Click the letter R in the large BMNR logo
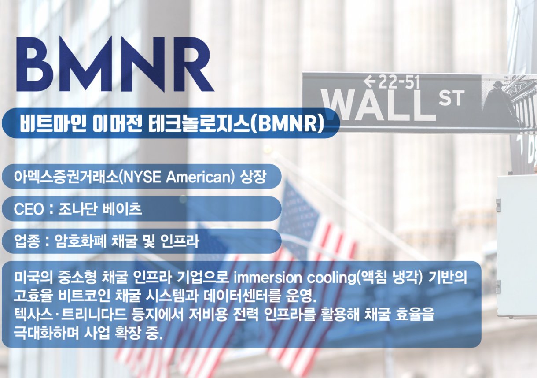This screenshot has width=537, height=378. [191, 64]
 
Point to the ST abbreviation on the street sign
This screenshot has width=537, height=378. [451, 98]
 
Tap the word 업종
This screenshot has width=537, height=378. [26, 241]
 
